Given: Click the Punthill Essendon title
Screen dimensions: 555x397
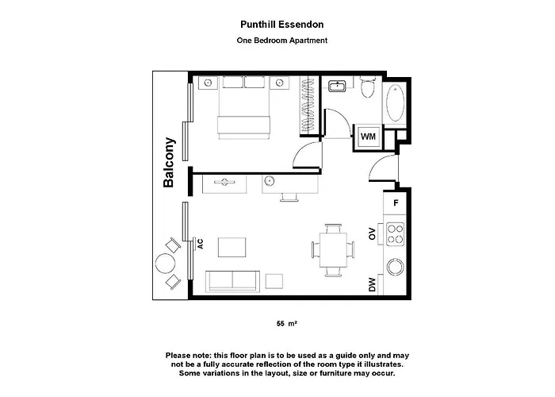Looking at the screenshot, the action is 281,25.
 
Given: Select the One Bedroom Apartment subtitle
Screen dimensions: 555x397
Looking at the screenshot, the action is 281,40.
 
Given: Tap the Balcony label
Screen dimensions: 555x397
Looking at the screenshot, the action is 169,162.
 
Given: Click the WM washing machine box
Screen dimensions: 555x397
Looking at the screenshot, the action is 368,137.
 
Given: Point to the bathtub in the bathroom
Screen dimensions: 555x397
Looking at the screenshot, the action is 396,102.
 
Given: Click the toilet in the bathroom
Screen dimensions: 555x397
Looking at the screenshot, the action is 367,87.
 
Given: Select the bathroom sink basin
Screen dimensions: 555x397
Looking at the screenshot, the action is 337,86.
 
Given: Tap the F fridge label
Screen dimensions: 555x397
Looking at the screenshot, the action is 396,202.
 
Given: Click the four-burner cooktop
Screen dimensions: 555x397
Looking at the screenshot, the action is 395,234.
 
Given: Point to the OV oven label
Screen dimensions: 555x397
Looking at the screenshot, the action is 372,233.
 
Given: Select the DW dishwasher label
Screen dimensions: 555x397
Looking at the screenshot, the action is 372,284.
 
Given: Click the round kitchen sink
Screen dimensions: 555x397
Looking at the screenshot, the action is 395,267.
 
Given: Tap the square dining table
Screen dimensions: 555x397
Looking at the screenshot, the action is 333,250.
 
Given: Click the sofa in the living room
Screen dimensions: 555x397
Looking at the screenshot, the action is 232,281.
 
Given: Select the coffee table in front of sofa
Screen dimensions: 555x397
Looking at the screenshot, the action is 232,248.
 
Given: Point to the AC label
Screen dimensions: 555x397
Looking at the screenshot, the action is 200,244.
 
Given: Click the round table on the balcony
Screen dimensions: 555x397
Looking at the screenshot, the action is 165,264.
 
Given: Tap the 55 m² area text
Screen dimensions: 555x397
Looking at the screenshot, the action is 287,323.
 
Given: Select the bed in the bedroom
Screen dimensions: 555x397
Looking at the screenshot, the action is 244,107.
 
